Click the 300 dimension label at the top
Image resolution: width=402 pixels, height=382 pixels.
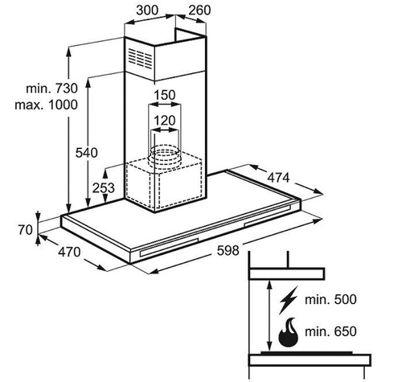[x=147, y=10]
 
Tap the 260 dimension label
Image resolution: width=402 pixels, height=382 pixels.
[x=199, y=10]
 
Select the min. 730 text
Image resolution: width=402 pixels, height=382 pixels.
[x=52, y=88]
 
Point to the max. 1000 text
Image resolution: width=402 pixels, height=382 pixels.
[x=47, y=105]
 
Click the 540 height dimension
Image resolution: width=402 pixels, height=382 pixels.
[x=87, y=153]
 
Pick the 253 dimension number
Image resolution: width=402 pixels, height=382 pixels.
[x=104, y=188]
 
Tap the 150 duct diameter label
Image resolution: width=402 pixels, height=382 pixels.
[x=165, y=95]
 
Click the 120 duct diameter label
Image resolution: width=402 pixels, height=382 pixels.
[x=165, y=121]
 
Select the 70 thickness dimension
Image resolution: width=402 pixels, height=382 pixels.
[x=26, y=230]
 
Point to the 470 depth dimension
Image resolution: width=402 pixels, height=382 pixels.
[x=69, y=252]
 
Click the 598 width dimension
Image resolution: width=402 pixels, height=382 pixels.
[x=228, y=251]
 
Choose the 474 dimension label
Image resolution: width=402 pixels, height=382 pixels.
[x=279, y=178]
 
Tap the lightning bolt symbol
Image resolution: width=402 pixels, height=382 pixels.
[x=288, y=301]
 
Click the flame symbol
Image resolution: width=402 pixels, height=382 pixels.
[x=289, y=332]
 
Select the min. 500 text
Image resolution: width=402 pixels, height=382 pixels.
[x=330, y=299]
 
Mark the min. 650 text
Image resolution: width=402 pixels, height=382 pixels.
[x=330, y=331]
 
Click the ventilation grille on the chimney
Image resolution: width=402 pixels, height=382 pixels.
[x=140, y=58]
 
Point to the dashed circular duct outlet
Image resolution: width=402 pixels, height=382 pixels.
[x=164, y=158]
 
